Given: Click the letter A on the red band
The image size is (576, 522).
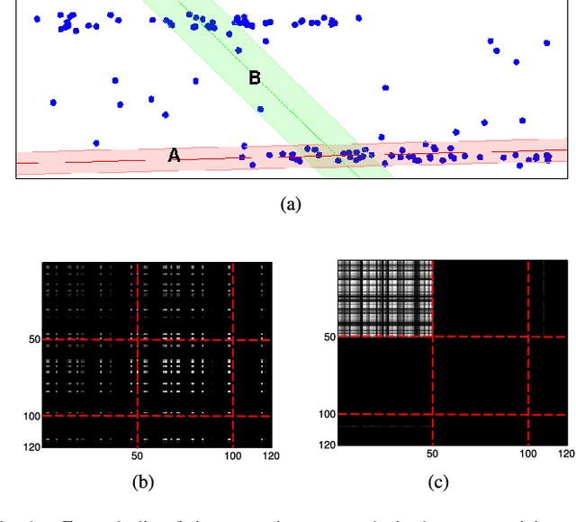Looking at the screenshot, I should [175, 155].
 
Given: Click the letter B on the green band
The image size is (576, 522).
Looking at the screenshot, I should [255, 78].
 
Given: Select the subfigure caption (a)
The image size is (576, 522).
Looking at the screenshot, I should [290, 204].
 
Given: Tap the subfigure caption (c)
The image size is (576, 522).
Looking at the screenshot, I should [437, 481].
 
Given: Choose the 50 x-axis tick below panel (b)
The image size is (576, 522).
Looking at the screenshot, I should [136, 456].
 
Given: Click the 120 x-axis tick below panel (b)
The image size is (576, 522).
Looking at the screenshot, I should [269, 456].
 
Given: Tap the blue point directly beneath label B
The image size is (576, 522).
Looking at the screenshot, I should [260, 109].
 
